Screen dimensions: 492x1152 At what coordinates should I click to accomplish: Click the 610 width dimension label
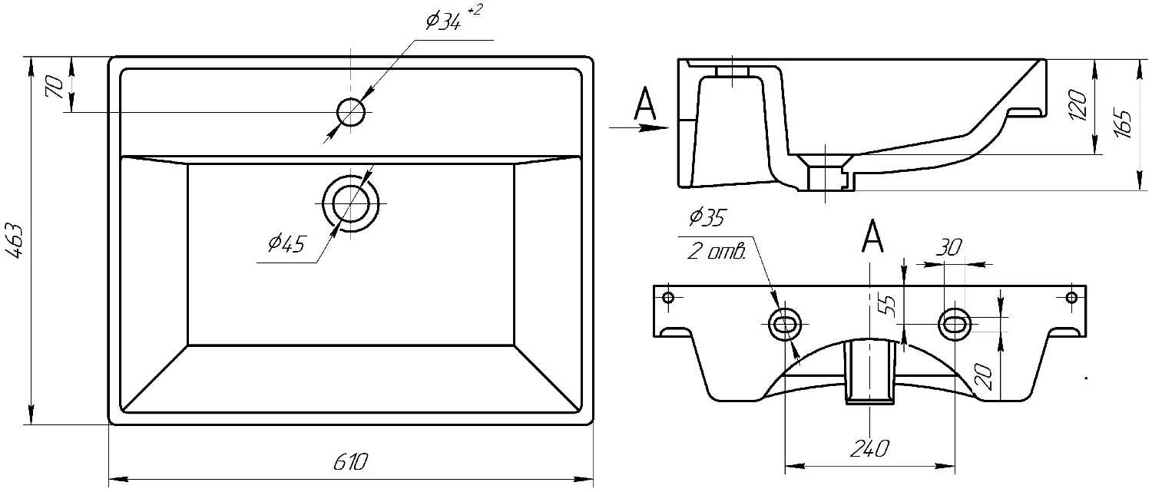351,462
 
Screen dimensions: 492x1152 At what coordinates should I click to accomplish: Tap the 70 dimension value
55,86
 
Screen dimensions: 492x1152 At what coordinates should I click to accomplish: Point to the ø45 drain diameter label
286,245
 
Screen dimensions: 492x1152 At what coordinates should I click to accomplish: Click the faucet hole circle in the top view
352,113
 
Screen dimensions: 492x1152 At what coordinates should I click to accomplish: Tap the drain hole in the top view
352,203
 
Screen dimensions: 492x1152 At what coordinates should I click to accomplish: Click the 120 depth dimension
1078,105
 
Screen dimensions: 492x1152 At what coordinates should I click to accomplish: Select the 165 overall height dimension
1123,123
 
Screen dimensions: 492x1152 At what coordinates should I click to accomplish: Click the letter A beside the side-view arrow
645,105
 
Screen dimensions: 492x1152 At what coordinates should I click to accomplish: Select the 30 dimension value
949,247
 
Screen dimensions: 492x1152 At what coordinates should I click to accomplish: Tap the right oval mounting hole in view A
956,325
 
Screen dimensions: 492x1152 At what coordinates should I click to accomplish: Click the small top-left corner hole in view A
667,297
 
